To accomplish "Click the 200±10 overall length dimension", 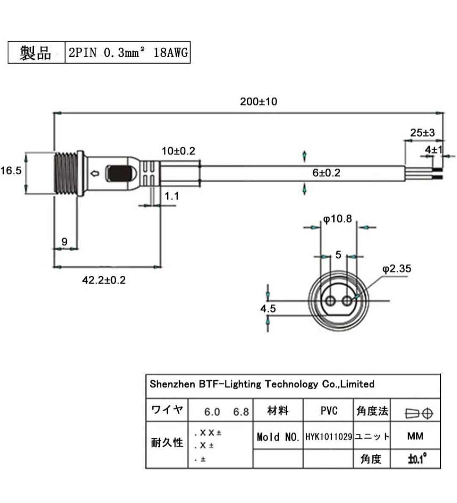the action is point(259,102).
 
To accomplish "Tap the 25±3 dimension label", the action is point(422,132).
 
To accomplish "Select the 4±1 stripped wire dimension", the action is point(434,149).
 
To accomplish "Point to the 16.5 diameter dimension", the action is point(11,170).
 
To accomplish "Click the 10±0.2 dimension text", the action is point(179,151).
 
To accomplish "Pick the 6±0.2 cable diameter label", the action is point(326,173).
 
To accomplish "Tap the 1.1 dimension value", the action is point(172,196).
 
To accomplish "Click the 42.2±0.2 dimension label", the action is point(104,280).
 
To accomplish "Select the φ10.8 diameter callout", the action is point(337,219).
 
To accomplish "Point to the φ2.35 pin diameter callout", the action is point(396,269).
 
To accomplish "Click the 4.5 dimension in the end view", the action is point(268,308).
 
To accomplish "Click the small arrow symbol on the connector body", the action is point(95,174).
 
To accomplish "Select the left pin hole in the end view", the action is point(330,301).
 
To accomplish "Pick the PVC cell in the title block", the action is point(329,411).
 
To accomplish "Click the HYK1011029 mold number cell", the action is point(329,437).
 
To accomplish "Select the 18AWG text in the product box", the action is point(171,52).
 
